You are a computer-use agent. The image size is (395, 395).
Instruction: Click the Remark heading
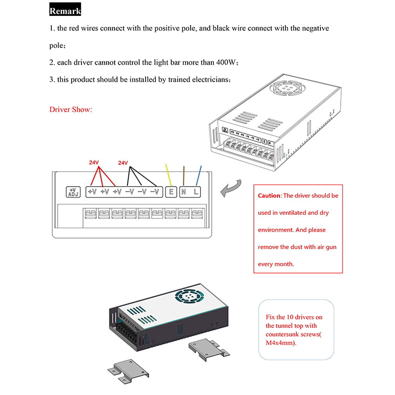point(65,10)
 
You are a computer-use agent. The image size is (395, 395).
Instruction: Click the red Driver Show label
point(71,109)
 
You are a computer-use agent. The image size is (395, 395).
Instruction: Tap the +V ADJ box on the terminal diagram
point(73,192)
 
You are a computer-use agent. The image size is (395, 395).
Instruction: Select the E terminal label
point(171,192)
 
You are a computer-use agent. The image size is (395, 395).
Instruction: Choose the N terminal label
point(184,192)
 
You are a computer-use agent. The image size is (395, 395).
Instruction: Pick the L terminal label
point(197,192)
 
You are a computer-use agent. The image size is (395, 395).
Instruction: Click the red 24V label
point(94,162)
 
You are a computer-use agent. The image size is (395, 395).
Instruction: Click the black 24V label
point(123,162)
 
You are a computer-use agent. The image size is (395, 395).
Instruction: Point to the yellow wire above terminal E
point(168,175)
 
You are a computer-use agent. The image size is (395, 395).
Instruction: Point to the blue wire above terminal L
point(198,175)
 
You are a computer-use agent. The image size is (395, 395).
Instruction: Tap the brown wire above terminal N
point(184,175)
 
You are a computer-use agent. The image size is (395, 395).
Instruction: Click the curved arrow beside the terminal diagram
point(232,188)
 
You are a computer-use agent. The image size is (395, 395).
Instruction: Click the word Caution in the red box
point(269,196)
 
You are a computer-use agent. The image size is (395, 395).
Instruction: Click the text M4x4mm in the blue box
point(280,343)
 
